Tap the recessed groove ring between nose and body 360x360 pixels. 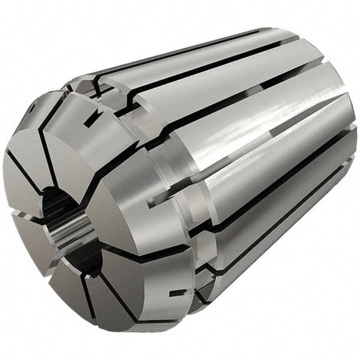(168, 180)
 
